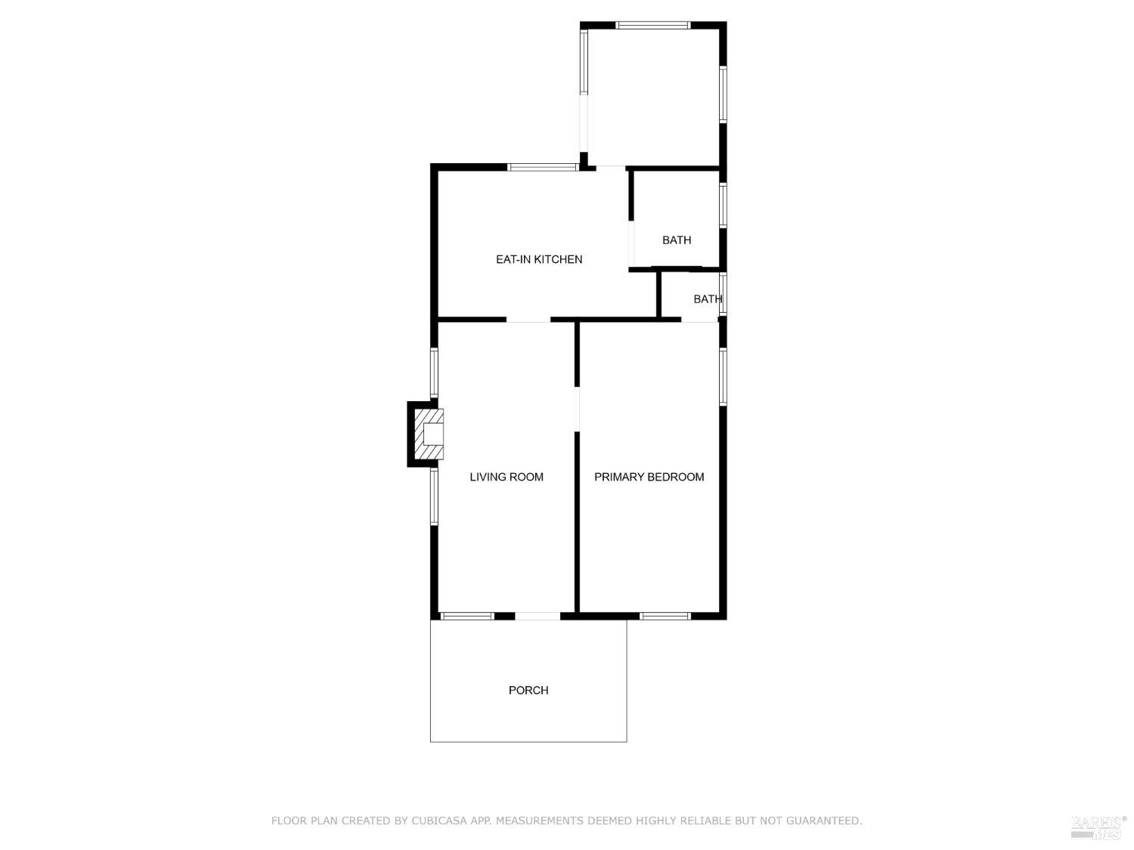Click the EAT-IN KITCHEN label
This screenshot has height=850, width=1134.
[539, 259]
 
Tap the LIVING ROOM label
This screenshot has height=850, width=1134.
[507, 477]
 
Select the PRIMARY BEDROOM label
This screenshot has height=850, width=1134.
[649, 477]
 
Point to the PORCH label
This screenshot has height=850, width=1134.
[528, 690]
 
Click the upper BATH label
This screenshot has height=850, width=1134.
[677, 240]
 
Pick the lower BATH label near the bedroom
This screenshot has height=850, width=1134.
[708, 299]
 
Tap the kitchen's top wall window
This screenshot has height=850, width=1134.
[543, 167]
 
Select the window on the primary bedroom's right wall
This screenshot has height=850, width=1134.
[723, 376]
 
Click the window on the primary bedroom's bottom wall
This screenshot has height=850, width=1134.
[665, 616]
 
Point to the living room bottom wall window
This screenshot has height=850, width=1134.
[467, 616]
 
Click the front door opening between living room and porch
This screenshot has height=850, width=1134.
[538, 617]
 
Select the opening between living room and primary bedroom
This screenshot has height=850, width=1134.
[578, 409]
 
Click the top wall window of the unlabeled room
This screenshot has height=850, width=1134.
[653, 25]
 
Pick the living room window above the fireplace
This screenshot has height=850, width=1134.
[434, 372]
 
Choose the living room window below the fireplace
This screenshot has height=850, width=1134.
[434, 496]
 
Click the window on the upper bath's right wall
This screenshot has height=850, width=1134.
[723, 206]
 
